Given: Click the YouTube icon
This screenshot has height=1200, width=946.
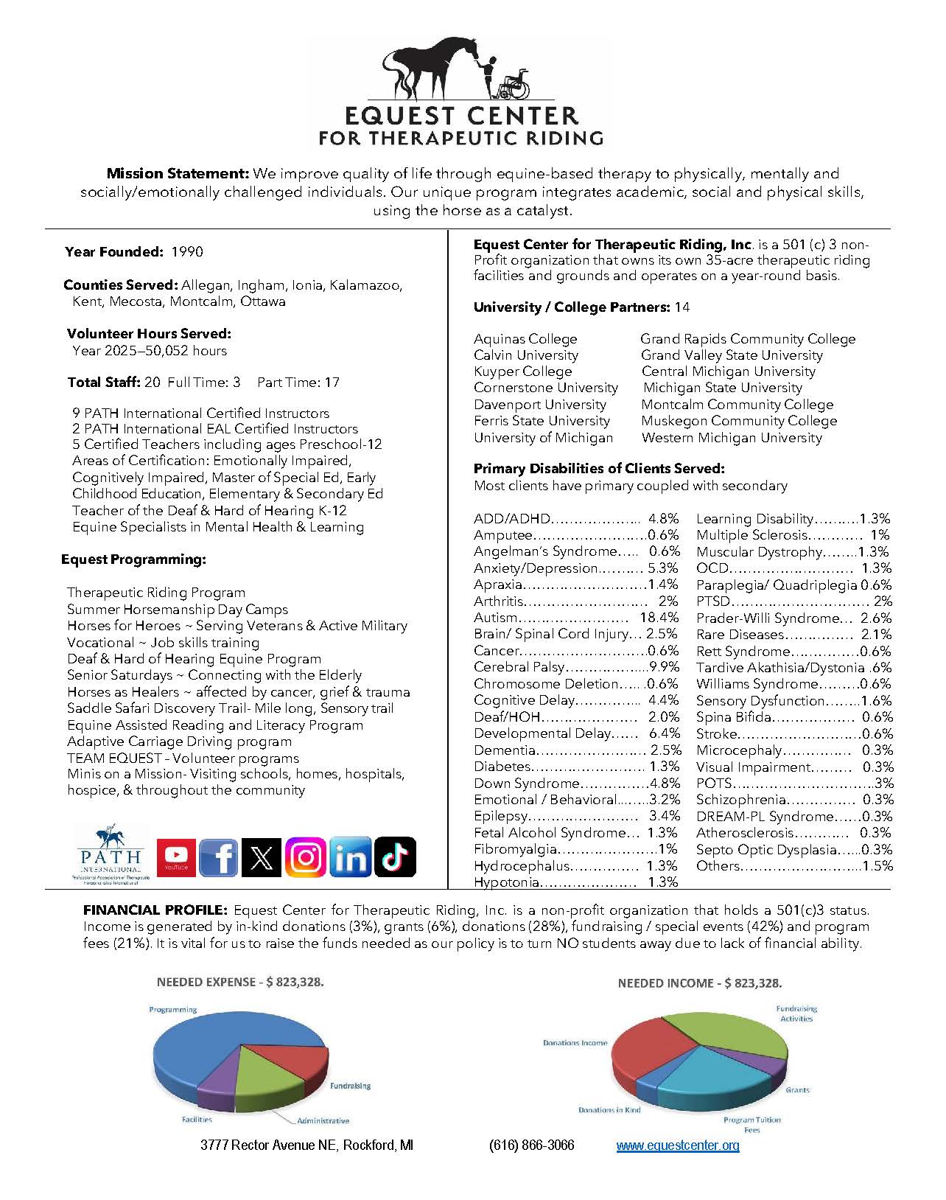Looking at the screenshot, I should pos(177,857).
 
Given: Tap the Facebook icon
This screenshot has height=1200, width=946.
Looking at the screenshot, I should pos(219,857).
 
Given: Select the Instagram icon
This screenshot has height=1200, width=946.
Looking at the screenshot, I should pos(306,857).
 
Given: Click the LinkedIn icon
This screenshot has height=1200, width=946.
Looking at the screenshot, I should pos(350,857).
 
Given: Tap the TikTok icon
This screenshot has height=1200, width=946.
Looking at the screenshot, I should pos(395,857).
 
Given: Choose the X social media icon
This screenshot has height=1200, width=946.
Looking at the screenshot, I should pos(262,857).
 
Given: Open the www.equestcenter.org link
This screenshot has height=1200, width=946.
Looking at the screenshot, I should pos(677,1145).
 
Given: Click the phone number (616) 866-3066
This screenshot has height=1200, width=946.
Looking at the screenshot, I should pos(531,1145).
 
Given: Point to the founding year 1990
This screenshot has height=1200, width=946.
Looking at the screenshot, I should pos(187,252).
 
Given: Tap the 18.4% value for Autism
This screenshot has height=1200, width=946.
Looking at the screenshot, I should pos(659,618).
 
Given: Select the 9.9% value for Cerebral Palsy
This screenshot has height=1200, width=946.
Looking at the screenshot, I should pos(664,667).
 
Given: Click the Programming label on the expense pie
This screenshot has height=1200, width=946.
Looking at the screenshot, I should pos(172,1010).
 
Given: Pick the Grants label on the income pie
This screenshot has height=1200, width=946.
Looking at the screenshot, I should pos(797,1089).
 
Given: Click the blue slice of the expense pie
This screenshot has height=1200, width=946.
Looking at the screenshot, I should pos(199,1047).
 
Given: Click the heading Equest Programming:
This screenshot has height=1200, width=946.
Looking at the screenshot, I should pos(133,559).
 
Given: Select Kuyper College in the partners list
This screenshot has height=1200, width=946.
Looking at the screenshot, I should pos(522,371).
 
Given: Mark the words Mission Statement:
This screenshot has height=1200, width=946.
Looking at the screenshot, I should pos(178,174).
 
